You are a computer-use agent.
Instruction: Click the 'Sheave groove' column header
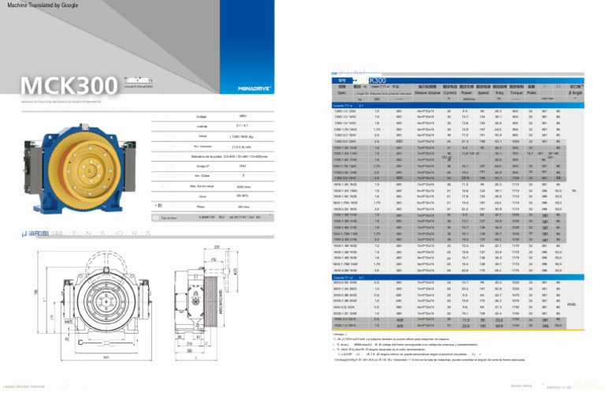pyautogui.click(x=427, y=91)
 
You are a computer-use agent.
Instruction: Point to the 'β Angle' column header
pyautogui.click(x=581, y=92)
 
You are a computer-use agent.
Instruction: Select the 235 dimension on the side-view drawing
pyautogui.click(x=216, y=248)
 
